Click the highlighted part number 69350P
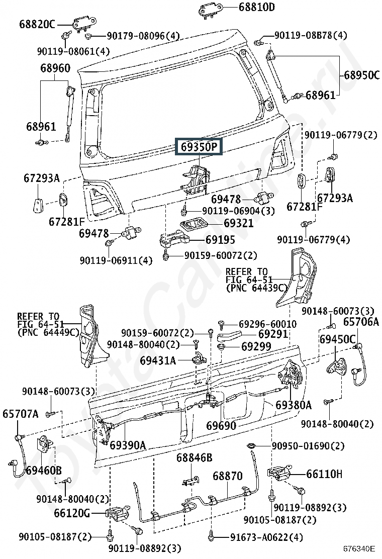[x=199, y=146]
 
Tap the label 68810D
[x=256, y=7]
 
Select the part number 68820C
[x=37, y=24]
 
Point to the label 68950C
[x=362, y=75]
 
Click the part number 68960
[x=55, y=68]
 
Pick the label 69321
[x=239, y=223]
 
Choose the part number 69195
[x=220, y=240]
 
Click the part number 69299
[x=256, y=346]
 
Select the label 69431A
[x=158, y=360]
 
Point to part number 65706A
[x=361, y=322]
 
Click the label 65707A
[x=20, y=414]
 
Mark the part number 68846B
[x=194, y=457]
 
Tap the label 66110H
[x=324, y=474]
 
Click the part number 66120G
[x=72, y=513]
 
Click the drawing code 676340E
[x=359, y=548]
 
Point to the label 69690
[x=221, y=425]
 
